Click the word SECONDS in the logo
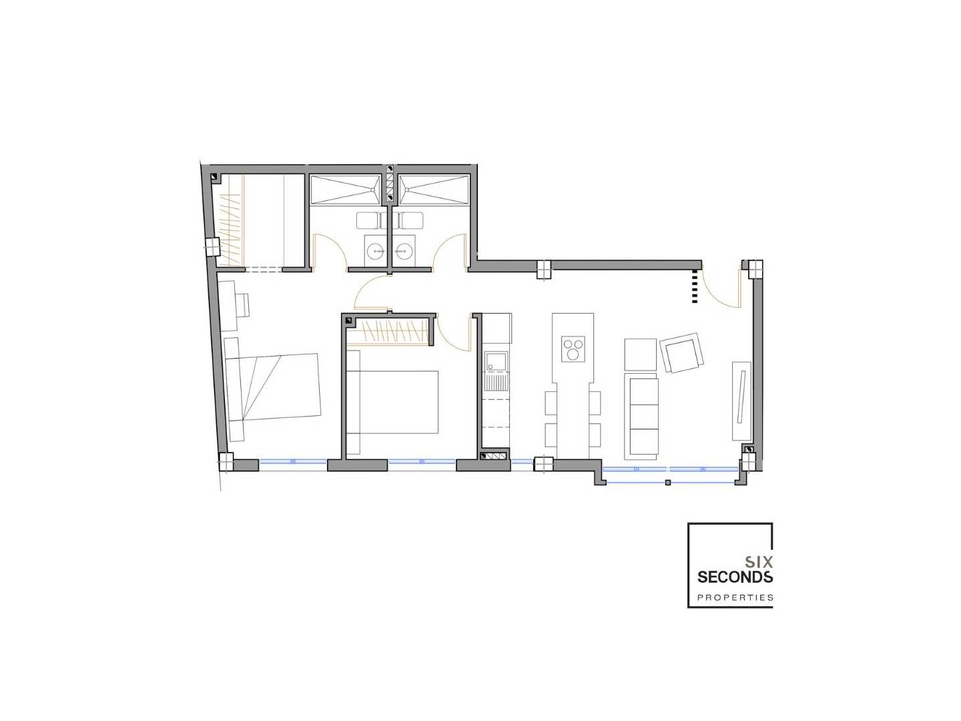pyautogui.click(x=735, y=577)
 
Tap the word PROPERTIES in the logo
pyautogui.click(x=735, y=597)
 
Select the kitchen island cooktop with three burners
pyautogui.click(x=573, y=349)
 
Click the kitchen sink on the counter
pyautogui.click(x=497, y=362)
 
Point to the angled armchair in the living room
pyautogui.click(x=681, y=353)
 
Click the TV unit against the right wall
pyautogui.click(x=741, y=401)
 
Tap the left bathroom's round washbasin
pyautogui.click(x=376, y=251)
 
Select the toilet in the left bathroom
pyautogui.click(x=372, y=220)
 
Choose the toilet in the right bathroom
pyautogui.click(x=408, y=220)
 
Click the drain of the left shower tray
pyautogui.click(x=372, y=190)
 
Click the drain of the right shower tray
pyautogui.click(x=407, y=190)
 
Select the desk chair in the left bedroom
pyautogui.click(x=242, y=304)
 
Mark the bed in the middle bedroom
pyautogui.click(x=392, y=403)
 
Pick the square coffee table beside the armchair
pyautogui.click(x=640, y=354)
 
